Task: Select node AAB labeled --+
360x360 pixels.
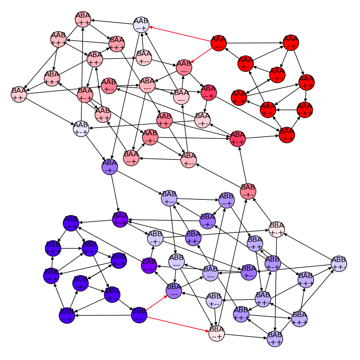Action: point(141,24)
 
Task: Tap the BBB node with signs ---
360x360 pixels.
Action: point(139,315)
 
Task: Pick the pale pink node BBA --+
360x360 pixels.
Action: point(217,334)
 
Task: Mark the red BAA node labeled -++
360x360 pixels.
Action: point(287,134)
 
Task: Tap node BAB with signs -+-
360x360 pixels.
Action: point(248,191)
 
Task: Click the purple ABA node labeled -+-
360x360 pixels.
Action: point(110,166)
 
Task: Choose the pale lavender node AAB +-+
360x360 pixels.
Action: point(81,128)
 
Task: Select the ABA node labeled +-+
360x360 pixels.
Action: point(237,138)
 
